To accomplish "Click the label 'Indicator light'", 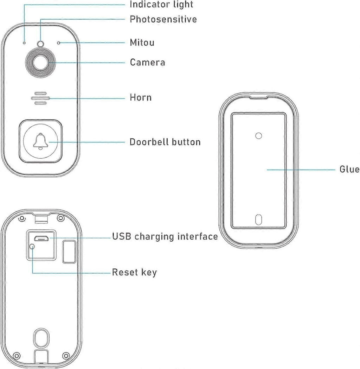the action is [x=161, y=5].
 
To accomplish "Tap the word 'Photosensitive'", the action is [x=163, y=19].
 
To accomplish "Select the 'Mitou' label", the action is [x=142, y=43].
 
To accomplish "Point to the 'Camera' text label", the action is [x=147, y=62].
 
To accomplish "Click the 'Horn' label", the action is [x=141, y=97].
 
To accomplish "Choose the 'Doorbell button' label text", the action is [x=165, y=142].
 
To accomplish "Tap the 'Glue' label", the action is [x=349, y=169].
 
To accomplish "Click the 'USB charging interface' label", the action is [x=165, y=236].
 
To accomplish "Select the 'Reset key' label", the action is [x=134, y=272].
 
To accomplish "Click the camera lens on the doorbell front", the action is [x=41, y=63].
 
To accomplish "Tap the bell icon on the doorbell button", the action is [x=40, y=141].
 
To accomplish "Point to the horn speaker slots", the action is [x=40, y=98].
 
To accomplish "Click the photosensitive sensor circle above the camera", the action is [x=41, y=44].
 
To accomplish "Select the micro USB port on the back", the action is [x=41, y=238].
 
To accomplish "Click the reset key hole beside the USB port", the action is [x=32, y=247].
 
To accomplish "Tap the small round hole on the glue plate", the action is [x=259, y=136].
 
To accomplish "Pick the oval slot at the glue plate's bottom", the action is [x=259, y=220].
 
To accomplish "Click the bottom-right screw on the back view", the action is [x=66, y=355].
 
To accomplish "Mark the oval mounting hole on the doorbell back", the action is [x=41, y=338].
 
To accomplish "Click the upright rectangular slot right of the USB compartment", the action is [x=69, y=252].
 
